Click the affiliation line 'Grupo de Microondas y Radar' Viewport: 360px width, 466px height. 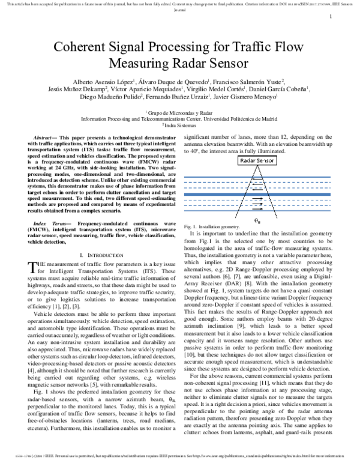181,112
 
